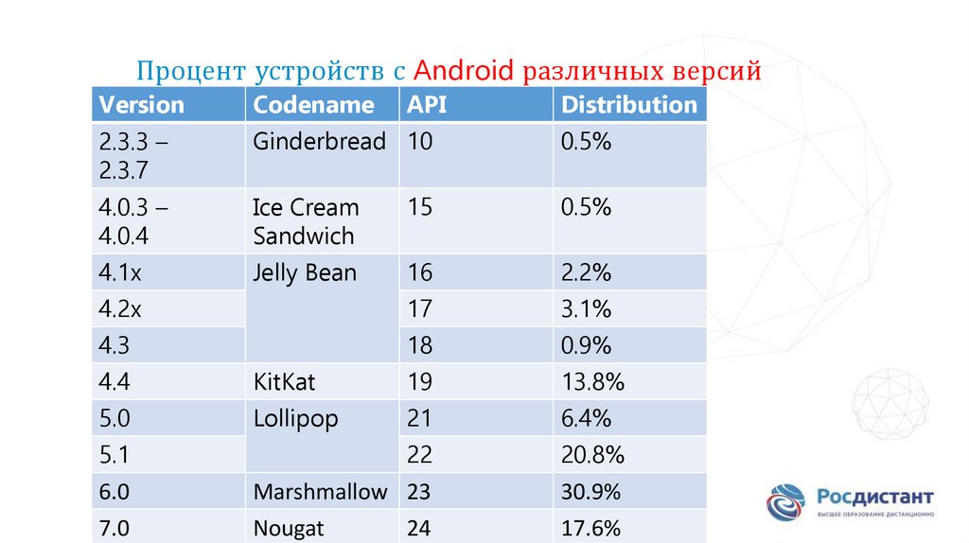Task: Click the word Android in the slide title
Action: point(464,71)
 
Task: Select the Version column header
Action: point(142,104)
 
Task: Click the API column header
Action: point(427,104)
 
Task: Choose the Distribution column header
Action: point(628,104)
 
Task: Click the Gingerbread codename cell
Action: point(320,142)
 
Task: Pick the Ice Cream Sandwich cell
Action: point(306,221)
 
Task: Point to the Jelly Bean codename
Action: point(305,273)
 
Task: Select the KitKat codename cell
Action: point(284,382)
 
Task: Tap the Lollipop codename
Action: point(295,418)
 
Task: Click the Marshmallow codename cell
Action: point(320,492)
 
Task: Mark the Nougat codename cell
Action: point(289,527)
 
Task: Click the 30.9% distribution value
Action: point(590,492)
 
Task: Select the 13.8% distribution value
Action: point(592,382)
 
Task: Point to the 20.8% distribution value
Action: point(592,455)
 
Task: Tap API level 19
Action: point(420,382)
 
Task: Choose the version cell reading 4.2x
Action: point(120,309)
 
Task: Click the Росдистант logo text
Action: point(874,497)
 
